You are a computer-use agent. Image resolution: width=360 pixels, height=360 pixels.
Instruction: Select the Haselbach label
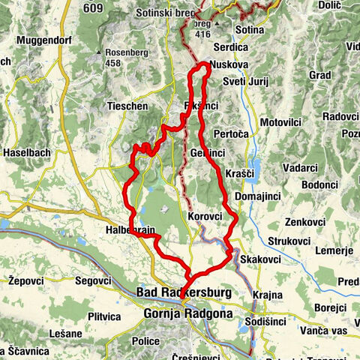coord(27,152)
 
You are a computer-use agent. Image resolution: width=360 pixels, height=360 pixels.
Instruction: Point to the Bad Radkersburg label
coord(184,291)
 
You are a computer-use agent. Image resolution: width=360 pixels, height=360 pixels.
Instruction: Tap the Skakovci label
coord(261,259)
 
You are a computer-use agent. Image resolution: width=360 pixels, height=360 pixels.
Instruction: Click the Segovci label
coord(92,280)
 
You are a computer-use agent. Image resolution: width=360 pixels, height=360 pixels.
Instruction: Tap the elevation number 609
coord(94,8)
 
